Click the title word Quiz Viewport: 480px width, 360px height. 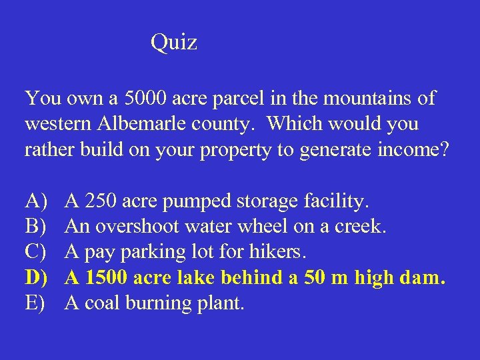click(173, 43)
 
